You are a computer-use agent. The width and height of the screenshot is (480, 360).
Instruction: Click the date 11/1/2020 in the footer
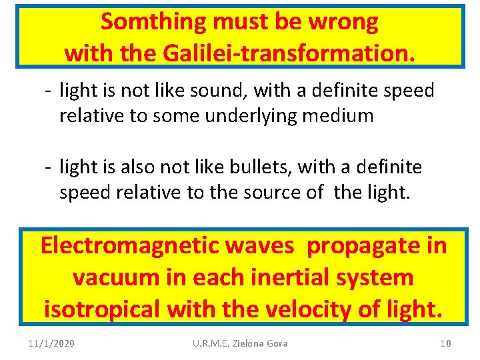pyautogui.click(x=52, y=343)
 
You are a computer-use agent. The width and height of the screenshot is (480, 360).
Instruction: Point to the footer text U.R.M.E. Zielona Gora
pyautogui.click(x=240, y=343)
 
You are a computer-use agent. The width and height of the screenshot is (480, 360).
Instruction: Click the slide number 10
pyautogui.click(x=445, y=343)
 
